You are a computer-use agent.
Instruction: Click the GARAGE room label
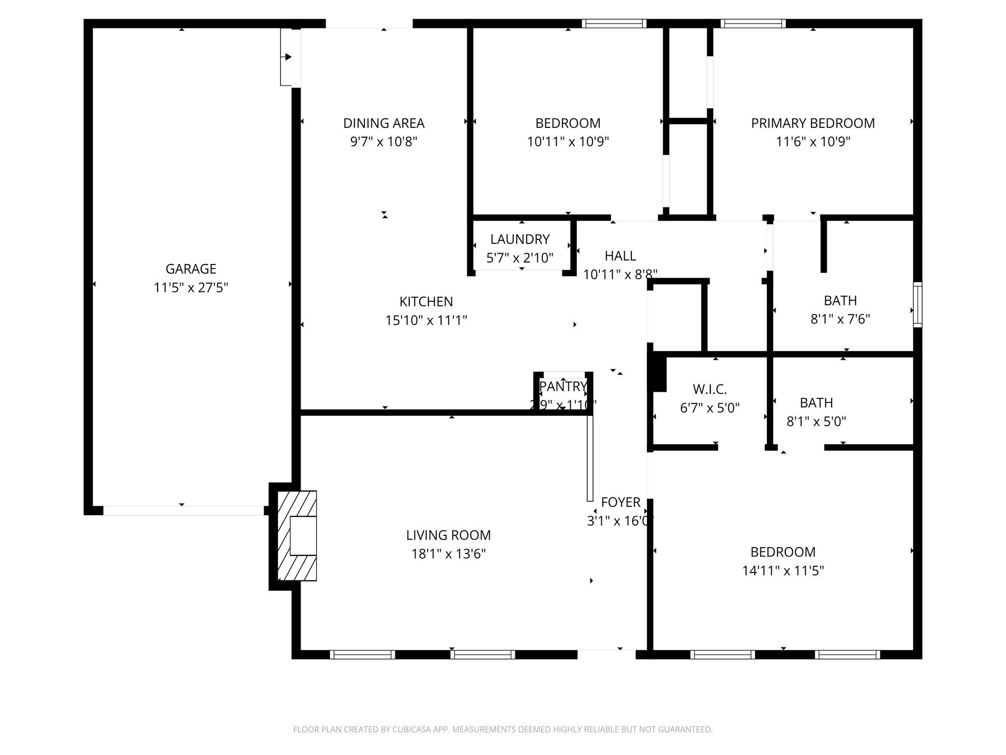[x=191, y=269]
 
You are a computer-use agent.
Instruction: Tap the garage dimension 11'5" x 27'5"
[x=191, y=288]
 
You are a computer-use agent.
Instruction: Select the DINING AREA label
[x=384, y=123]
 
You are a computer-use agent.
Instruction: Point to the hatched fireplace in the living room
[x=297, y=536]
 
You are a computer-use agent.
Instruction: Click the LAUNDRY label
[x=520, y=239]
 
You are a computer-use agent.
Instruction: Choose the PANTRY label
[x=563, y=387]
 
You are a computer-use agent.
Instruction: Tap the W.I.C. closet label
[x=709, y=390]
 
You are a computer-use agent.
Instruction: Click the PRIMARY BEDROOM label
[x=812, y=123]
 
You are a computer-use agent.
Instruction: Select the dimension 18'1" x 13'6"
[x=448, y=554]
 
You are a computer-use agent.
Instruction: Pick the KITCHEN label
[x=426, y=301]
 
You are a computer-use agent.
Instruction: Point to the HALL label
[x=620, y=256]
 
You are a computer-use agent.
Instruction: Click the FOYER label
[x=620, y=502]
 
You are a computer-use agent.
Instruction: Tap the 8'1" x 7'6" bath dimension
[x=840, y=319]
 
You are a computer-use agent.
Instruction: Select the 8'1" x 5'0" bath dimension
[x=816, y=421]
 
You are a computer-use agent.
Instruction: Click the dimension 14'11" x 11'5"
[x=782, y=571]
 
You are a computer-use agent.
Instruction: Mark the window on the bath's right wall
[x=917, y=304]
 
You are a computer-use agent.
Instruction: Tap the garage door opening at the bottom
[x=183, y=511]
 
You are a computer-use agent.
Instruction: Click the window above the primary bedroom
[x=753, y=23]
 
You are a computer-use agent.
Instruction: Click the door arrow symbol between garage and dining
[x=288, y=57]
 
